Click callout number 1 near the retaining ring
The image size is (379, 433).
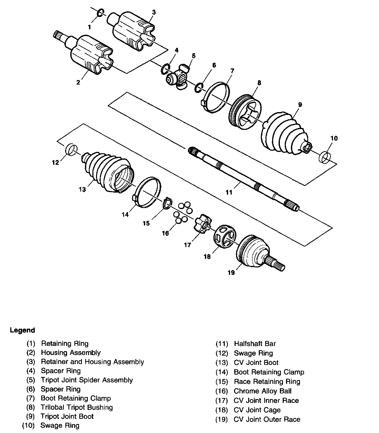tap(90, 27)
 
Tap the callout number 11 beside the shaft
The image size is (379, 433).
tap(229, 192)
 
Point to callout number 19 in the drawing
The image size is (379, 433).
tap(231, 273)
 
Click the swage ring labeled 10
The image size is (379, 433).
tap(325, 157)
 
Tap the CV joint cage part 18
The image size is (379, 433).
tap(225, 236)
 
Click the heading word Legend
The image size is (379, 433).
tap(22, 330)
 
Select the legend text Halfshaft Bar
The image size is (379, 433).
tap(255, 344)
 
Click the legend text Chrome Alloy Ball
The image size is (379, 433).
tap(262, 391)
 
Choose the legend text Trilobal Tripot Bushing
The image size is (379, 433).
tap(76, 407)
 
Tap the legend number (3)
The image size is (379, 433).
tap(31, 362)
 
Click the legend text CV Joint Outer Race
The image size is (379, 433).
tap(267, 420)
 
